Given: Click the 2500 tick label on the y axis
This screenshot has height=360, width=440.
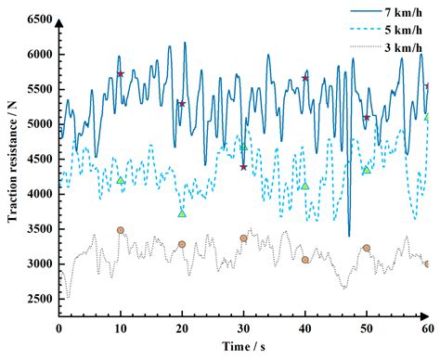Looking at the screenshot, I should [x=36, y=299].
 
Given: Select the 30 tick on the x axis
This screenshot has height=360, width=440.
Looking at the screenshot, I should [x=243, y=328].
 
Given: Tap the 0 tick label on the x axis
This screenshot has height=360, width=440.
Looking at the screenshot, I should [x=59, y=328].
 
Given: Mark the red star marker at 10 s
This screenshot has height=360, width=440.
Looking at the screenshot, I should [x=121, y=74].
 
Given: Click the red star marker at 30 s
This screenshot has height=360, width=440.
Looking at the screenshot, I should [x=243, y=167].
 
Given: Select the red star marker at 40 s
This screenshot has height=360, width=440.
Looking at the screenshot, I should [x=305, y=78].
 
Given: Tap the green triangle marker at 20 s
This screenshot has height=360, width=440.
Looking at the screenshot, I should [x=182, y=213].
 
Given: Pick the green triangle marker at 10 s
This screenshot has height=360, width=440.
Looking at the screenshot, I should [x=121, y=180].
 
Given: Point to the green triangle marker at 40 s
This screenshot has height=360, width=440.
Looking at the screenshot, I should [x=305, y=186].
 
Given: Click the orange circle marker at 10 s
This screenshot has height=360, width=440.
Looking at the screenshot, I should [x=121, y=230].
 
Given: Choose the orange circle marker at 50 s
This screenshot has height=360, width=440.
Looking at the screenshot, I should [x=367, y=248].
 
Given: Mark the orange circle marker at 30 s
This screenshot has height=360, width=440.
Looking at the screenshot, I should [x=243, y=238].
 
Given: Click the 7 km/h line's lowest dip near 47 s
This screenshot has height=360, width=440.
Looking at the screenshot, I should [x=349, y=235].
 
